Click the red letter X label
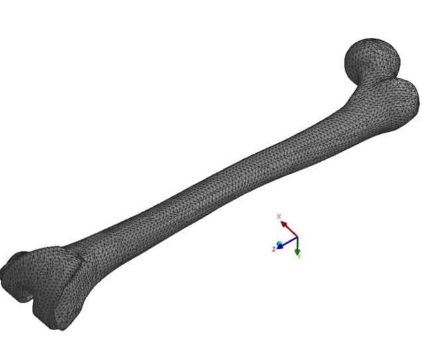coord(279,216)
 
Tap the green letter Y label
coord(299,257)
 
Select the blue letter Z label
coord(273,249)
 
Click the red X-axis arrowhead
coord(283,224)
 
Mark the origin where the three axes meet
coord(297,237)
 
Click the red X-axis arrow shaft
coord(291,231)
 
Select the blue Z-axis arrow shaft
coord(289,241)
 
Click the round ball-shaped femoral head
coord(372,58)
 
